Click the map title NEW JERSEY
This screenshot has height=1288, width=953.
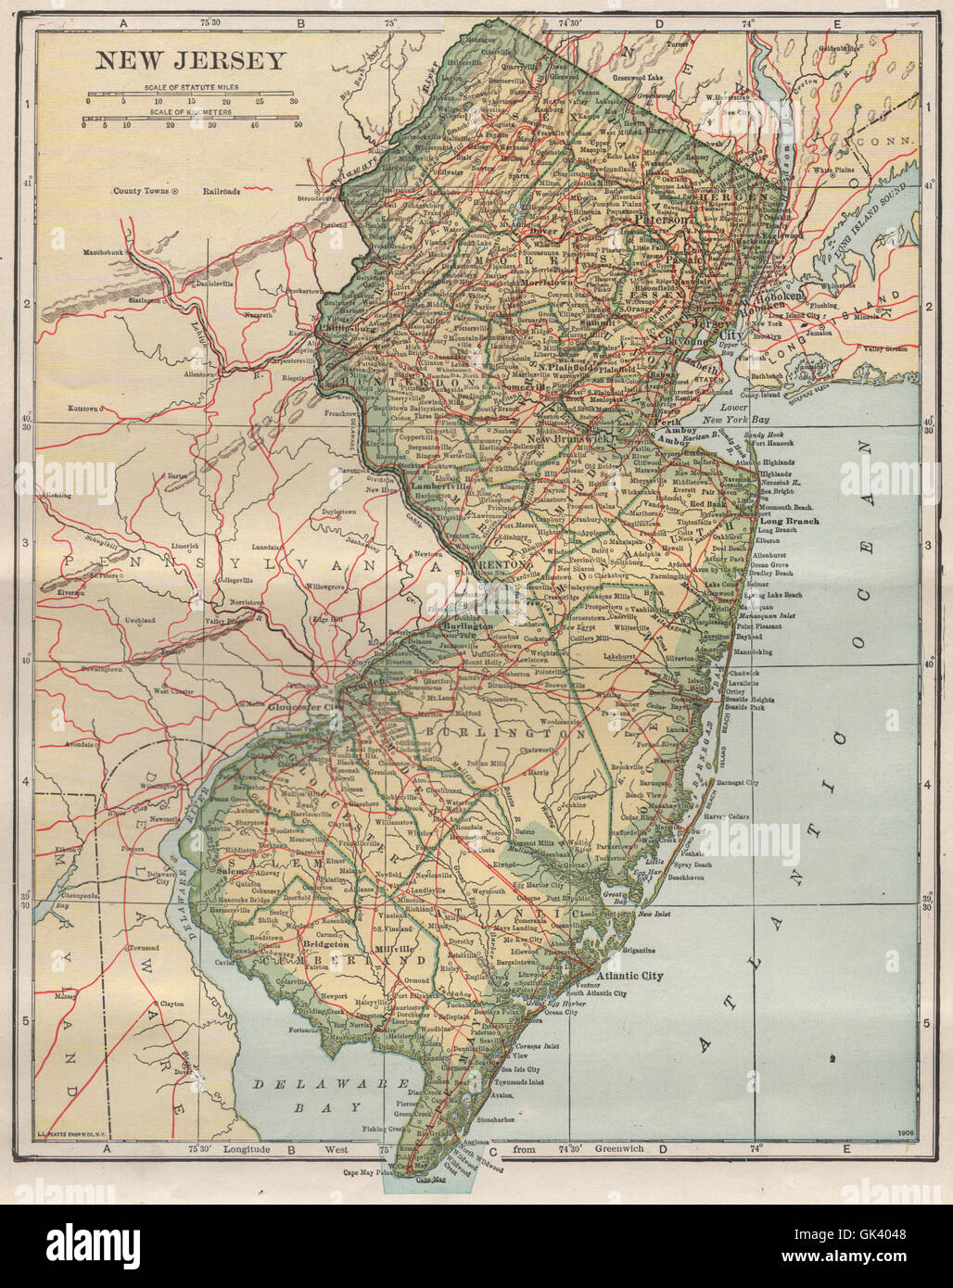tap(191, 61)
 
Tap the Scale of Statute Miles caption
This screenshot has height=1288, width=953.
tap(191, 87)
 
